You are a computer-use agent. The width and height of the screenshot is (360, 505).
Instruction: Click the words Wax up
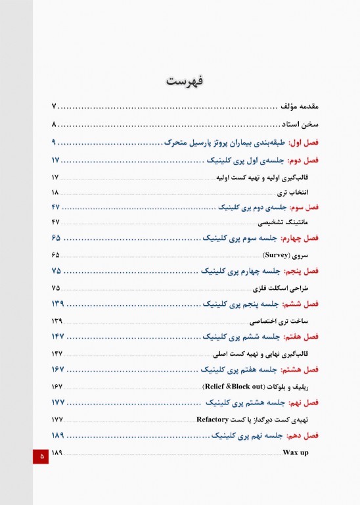296,453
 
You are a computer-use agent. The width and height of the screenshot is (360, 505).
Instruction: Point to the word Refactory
212,419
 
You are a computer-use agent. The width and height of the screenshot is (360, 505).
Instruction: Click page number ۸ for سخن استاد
55,124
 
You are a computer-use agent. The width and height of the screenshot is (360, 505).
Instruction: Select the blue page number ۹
55,142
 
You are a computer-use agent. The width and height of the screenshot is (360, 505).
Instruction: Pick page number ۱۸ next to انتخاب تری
55,192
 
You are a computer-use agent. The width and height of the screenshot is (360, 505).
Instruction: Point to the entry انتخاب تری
293,192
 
